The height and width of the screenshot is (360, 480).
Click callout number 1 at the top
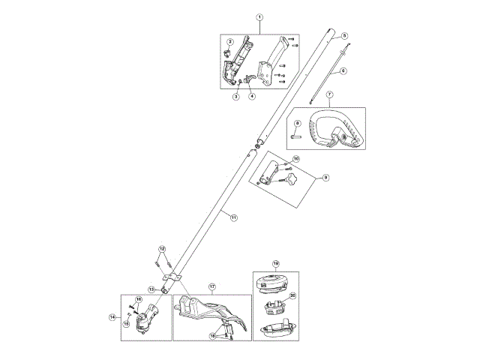point(259,16)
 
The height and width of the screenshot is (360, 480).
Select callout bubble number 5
point(344,35)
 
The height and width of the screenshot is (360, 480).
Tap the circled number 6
point(343,71)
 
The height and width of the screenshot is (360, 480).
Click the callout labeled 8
point(297,123)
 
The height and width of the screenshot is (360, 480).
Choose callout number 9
point(325,178)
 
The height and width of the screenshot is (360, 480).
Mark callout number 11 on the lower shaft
point(233,217)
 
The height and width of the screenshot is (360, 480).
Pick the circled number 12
point(161,248)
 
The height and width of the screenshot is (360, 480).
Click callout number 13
point(151,289)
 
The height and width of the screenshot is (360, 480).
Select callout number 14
point(113,317)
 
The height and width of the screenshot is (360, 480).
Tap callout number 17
point(212,287)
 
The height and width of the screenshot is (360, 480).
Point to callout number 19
point(275,263)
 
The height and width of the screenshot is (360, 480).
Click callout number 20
point(293,295)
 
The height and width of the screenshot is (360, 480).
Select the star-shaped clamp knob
point(289,181)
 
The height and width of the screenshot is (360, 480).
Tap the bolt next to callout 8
point(298,137)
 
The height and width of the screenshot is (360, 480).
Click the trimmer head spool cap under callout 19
point(274,284)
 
